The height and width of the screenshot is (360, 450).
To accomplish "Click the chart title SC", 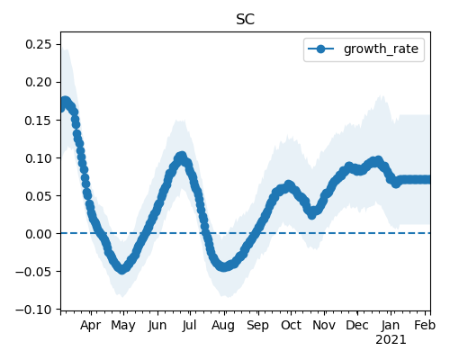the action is tap(246, 20).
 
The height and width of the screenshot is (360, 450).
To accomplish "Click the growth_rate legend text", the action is tap(381, 49).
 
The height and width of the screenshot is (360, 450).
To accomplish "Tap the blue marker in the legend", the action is tap(320, 49).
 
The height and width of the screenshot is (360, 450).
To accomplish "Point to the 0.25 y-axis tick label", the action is tap(39, 44).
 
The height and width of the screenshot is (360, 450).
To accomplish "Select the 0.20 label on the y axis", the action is tap(39, 82).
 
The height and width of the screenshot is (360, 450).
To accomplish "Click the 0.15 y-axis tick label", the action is tap(39, 121).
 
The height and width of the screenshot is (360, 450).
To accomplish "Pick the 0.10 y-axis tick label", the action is tap(39, 158).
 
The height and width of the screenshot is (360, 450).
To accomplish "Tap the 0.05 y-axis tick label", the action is tap(39, 196).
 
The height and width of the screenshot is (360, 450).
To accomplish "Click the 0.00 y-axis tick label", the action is tap(39, 234).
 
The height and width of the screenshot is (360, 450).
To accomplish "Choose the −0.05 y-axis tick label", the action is tap(34, 272).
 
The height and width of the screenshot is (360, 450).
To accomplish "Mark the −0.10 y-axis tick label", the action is tap(34, 310).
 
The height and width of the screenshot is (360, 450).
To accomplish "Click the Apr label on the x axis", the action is tap(91, 326).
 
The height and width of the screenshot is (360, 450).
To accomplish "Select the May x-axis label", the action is tap(123, 326).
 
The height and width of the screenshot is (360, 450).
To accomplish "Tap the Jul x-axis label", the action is tap(189, 325).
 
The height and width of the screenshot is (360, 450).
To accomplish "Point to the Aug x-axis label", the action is tap(223, 326).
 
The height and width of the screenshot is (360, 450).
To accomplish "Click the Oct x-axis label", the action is tap(291, 325).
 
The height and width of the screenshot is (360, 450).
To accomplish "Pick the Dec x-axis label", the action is tap(357, 325).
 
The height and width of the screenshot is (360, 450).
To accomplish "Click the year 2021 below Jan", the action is tap(391, 340).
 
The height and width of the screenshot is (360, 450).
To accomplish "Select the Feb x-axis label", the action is tap(425, 325).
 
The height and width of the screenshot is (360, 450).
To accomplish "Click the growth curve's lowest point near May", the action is tap(121, 269).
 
